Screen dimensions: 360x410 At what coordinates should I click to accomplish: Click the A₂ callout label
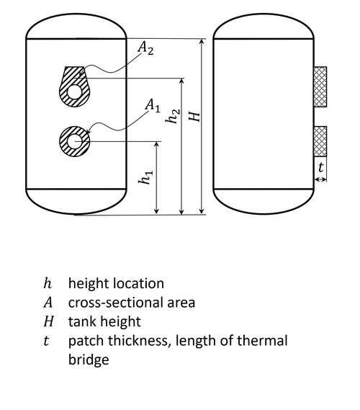145,48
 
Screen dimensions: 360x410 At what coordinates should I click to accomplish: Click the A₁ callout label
153,106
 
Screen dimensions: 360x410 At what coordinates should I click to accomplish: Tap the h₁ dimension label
145,177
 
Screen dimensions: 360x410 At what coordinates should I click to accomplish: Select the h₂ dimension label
172,116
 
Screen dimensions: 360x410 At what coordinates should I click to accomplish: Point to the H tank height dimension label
194,116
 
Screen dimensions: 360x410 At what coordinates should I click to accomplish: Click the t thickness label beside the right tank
321,167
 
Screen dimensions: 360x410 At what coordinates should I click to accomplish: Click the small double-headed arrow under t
320,179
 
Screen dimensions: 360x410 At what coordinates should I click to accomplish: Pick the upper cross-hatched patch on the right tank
320,86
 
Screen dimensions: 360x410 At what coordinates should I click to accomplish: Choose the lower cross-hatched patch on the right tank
320,142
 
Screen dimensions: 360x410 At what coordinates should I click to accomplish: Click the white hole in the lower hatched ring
75,141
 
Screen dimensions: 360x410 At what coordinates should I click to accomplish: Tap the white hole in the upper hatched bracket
75,92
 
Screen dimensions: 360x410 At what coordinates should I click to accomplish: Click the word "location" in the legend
139,283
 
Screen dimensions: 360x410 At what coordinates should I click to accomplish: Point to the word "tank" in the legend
83,321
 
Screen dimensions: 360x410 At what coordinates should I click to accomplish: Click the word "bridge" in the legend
89,360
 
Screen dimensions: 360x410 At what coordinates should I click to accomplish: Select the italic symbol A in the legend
48,303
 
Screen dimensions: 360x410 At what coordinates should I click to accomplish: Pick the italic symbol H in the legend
48,321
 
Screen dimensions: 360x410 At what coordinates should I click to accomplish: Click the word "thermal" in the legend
262,341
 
